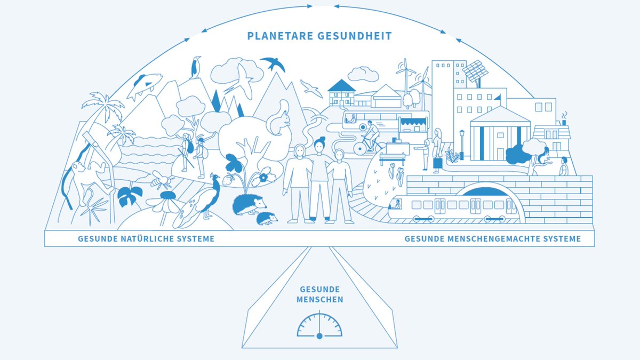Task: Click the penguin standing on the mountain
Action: pos(196,68)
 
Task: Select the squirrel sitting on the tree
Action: pos(279,120)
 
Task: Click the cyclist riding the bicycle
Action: pos(370,136)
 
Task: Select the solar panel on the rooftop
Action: pos(475,71)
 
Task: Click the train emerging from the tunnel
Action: pos(453,208)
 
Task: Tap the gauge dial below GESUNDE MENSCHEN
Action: pos(319,326)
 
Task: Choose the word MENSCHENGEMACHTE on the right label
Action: pos(491,239)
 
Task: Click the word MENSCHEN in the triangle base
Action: pos(319,300)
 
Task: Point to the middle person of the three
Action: pos(319,176)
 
